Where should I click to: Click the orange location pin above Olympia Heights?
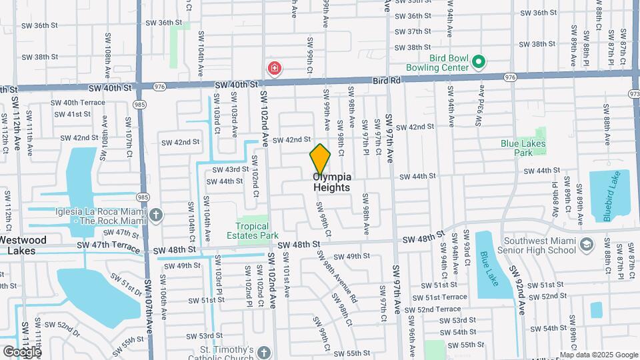pos(320,159)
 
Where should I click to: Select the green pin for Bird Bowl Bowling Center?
pos(478,63)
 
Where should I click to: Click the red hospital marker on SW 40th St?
pos(274,68)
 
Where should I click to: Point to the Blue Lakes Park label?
pos(523,147)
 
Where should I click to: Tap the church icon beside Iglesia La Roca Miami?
pos(156,215)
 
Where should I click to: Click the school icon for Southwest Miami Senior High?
pos(586,245)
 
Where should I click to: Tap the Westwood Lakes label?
pos(23,245)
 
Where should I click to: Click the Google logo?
pos(21,351)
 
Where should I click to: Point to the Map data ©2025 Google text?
pos(598,355)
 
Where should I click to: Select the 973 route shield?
pos(634,94)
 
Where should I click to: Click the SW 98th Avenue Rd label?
pos(341,281)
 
